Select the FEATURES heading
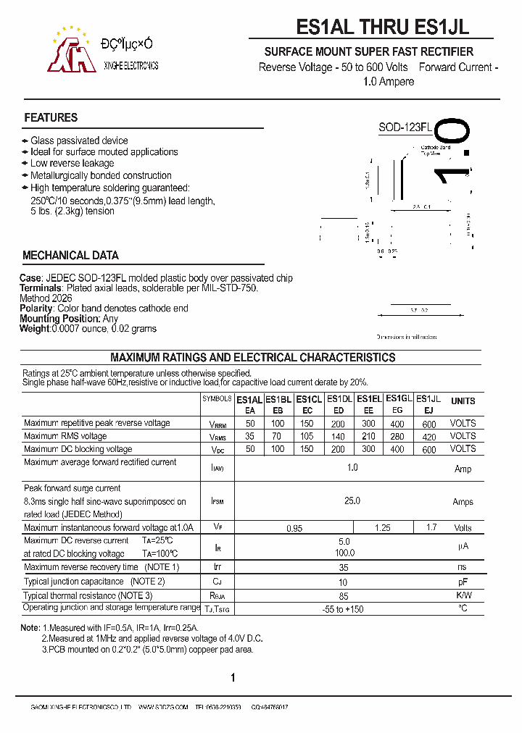51,117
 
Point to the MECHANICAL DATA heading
70,255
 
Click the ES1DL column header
339,398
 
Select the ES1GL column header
399,398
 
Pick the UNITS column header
463,401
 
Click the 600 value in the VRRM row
429,424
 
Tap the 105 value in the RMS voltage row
307,436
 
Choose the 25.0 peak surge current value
352,500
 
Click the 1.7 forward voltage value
432,528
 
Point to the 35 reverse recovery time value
344,567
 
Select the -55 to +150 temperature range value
344,609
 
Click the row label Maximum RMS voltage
65,436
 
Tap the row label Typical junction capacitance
74,582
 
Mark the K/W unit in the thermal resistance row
463,595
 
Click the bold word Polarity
36,308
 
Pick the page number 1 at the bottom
233,678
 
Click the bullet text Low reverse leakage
72,164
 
